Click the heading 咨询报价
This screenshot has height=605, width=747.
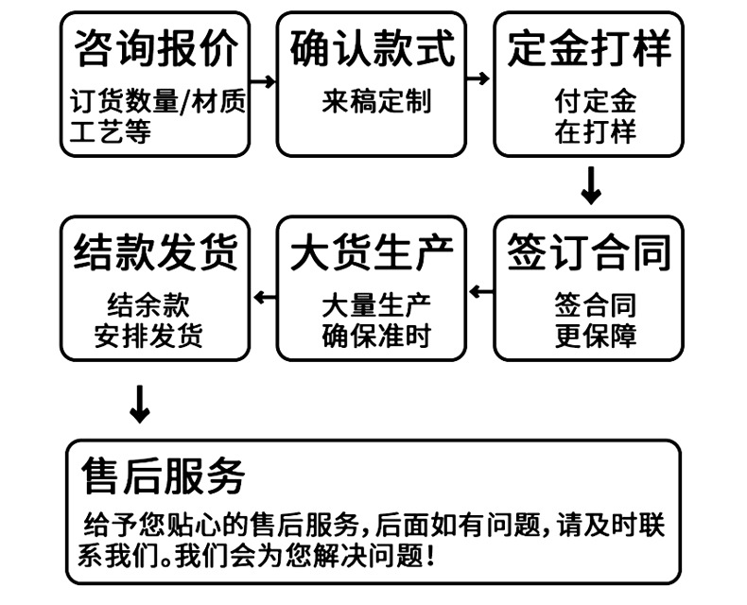tap(155, 47)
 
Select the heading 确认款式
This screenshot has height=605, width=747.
tap(372, 47)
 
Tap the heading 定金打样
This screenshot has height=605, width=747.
tap(589, 47)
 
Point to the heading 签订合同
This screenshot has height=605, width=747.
tap(589, 252)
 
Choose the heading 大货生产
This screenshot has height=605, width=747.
tap(372, 252)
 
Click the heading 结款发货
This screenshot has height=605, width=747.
tap(155, 252)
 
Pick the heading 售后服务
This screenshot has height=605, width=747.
tap(163, 475)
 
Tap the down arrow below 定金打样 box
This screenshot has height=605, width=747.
tap(591, 185)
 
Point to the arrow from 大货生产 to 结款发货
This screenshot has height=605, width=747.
tap(264, 297)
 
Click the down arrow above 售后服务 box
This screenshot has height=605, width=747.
tap(140, 404)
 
